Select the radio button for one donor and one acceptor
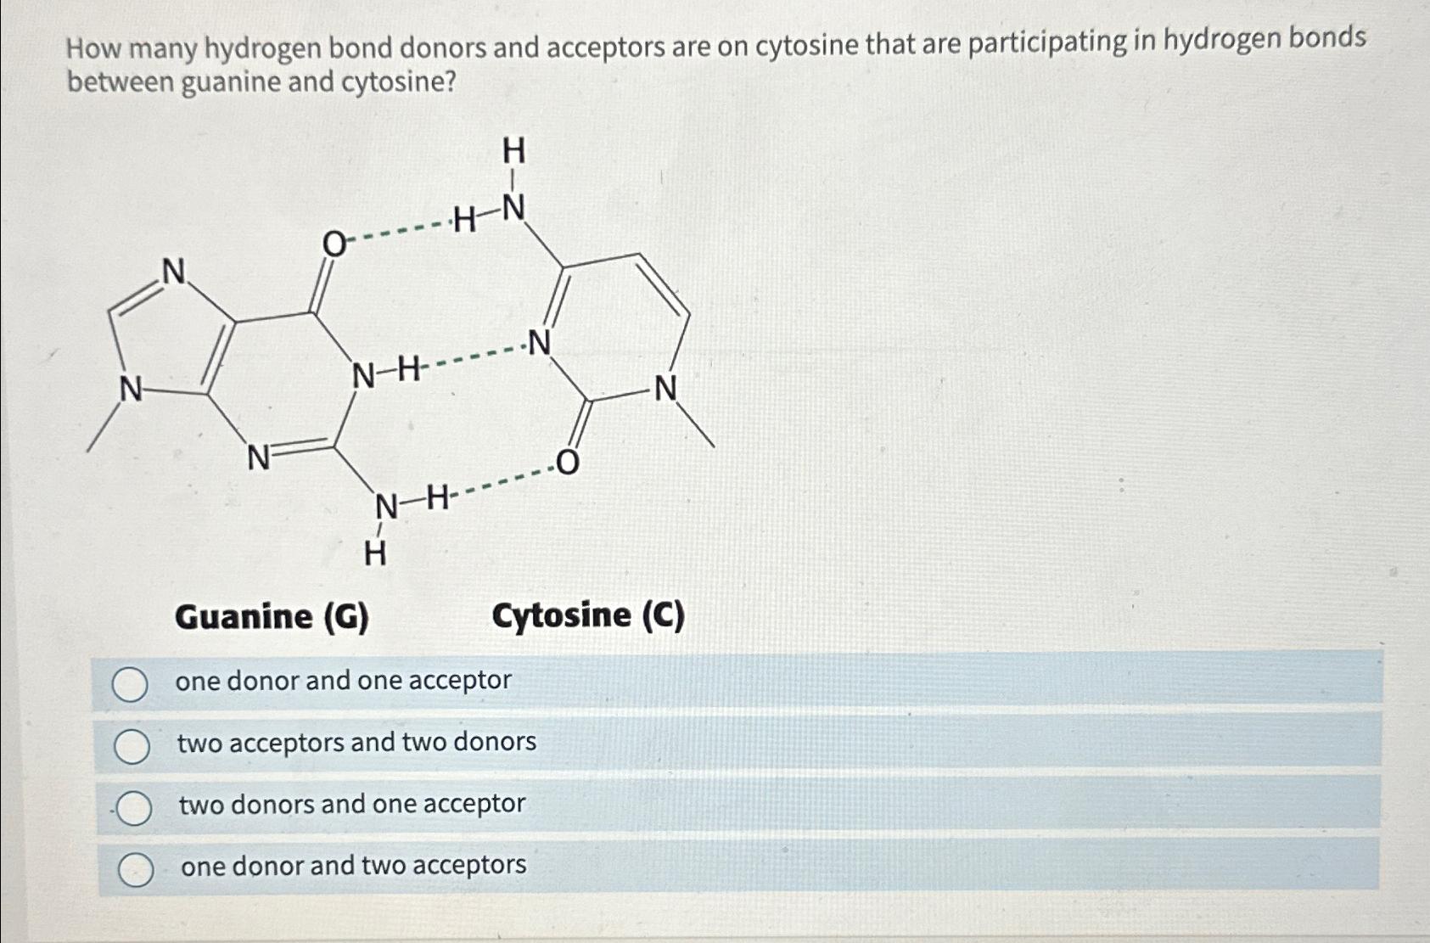pos(130,684)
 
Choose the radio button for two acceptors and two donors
pos(132,746)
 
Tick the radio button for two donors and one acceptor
pos(133,809)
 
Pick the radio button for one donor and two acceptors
pos(135,870)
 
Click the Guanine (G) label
pos(272,616)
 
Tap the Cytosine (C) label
pos(588,615)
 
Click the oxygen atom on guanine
pos(334,244)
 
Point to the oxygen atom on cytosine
pos(567,463)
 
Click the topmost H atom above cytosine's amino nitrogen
pos(513,151)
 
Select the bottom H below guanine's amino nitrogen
pos(374,554)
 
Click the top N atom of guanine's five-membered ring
pos(174,272)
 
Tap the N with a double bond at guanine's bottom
pos(258,458)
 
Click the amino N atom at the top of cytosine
pos(513,207)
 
